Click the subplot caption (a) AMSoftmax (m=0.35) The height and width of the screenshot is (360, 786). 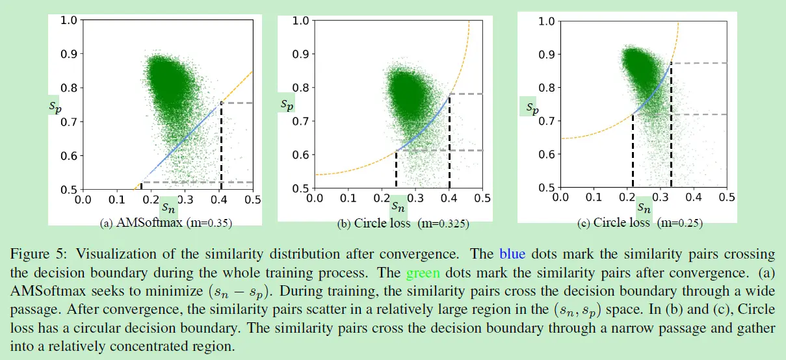click(x=166, y=223)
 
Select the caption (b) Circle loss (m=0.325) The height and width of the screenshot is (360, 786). click(x=403, y=224)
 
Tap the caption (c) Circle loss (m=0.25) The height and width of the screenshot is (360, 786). click(x=640, y=223)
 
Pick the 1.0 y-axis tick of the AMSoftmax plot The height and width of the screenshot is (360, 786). click(x=68, y=20)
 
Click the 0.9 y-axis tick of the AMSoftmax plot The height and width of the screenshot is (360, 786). click(x=68, y=54)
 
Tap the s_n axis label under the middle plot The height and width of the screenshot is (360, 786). click(x=399, y=208)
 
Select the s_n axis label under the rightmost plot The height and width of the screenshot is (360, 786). click(x=644, y=208)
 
